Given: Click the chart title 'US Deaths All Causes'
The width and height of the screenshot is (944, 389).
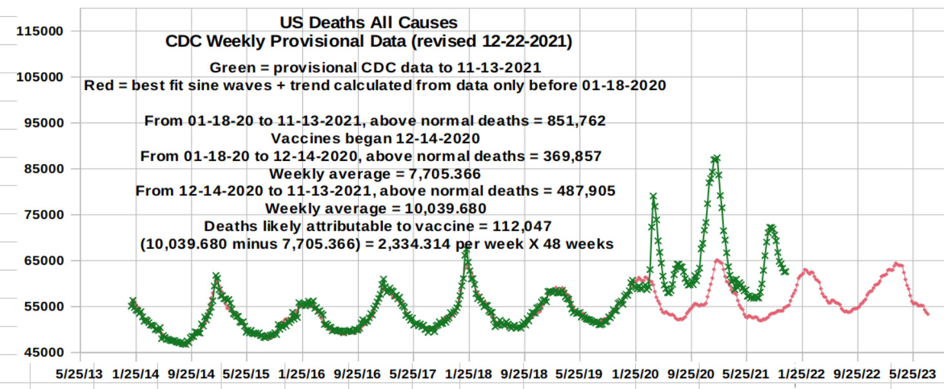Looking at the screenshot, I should [x=368, y=23].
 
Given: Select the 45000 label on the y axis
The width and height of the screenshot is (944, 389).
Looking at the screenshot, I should [x=45, y=352].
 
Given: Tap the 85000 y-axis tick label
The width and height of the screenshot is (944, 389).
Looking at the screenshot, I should [x=45, y=169].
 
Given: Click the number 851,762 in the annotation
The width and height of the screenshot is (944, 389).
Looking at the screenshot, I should [x=575, y=121].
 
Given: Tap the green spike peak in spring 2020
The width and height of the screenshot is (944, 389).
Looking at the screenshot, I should [x=653, y=196].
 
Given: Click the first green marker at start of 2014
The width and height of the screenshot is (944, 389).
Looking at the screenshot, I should [x=132, y=301].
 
